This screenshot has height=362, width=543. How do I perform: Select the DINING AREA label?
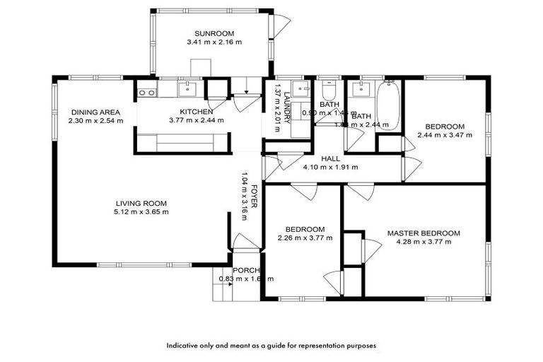(95, 112)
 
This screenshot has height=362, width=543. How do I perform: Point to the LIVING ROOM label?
(140, 203)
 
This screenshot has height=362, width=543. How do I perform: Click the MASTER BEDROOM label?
(424, 233)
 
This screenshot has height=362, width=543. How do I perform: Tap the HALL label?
(330, 158)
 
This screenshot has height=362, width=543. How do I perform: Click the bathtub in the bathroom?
(388, 106)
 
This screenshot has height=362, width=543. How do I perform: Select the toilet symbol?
(329, 93)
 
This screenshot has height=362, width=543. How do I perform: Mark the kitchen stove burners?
(147, 91)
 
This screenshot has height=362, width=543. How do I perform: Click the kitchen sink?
(187, 88)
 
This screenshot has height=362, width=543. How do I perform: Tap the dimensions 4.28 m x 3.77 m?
(424, 242)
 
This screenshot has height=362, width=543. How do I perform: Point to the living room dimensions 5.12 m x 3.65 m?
(140, 211)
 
